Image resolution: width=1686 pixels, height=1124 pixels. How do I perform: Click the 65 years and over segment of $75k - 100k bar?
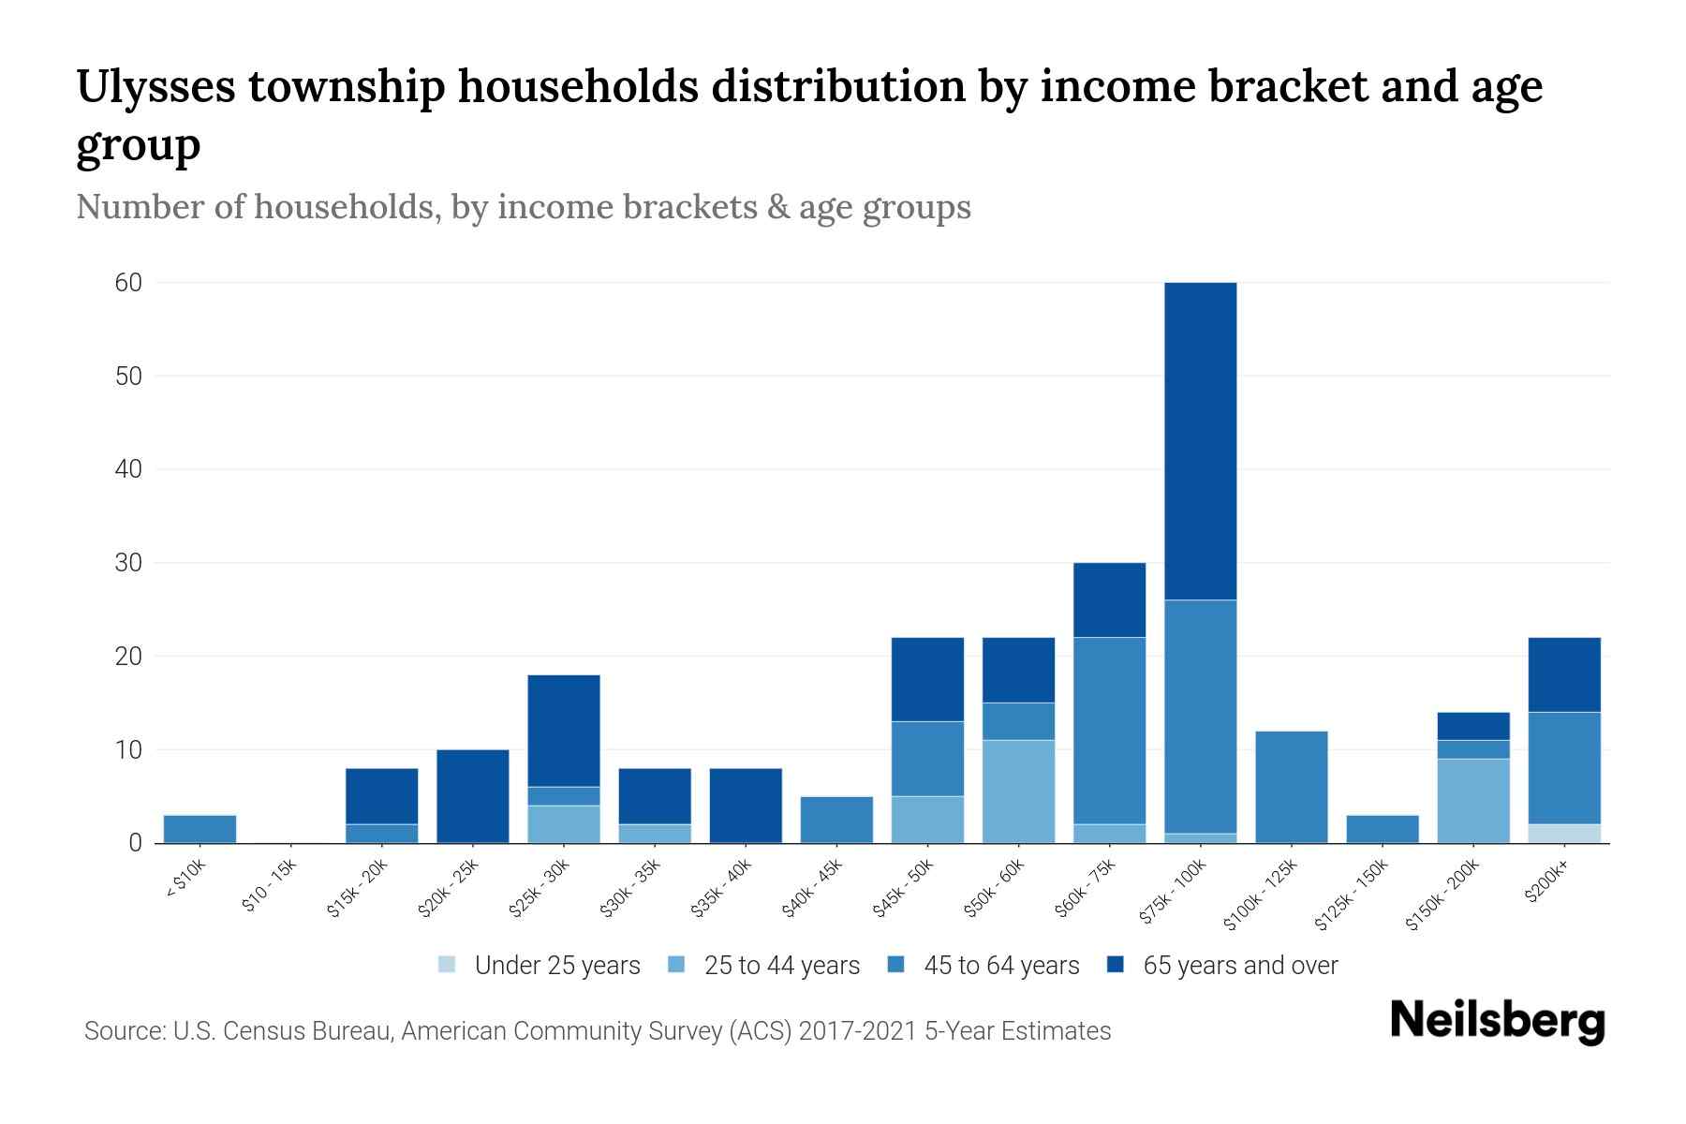coord(1201,440)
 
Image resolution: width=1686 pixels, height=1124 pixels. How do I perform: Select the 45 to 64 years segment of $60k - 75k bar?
coord(1110,731)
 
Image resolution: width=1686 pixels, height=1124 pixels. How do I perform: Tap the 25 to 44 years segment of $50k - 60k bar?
coord(1019,791)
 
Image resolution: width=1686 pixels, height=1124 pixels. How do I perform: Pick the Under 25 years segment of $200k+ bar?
coord(1564,834)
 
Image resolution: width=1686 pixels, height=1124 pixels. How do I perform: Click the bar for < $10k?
coord(200,829)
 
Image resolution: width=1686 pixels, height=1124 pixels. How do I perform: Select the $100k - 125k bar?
coord(1292,787)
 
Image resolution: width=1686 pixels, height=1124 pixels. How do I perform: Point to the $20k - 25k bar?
coord(473,796)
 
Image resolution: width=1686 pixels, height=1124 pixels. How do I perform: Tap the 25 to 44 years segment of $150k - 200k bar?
coord(1473,801)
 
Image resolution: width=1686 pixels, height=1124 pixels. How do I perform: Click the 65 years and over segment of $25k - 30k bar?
coord(564,731)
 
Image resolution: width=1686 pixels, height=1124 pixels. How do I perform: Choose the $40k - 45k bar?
coord(836,820)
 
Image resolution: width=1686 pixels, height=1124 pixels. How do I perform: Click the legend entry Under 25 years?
coord(557,966)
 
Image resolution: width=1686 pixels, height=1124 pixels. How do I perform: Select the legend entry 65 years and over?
coord(1240,966)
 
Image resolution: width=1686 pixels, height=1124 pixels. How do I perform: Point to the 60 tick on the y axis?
coord(128,283)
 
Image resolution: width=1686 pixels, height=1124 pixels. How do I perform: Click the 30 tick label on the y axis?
coord(128,563)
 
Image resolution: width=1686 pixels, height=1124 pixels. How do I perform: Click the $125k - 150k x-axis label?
coord(1352,896)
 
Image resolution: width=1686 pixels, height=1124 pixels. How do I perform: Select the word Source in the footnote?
coord(123,1031)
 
